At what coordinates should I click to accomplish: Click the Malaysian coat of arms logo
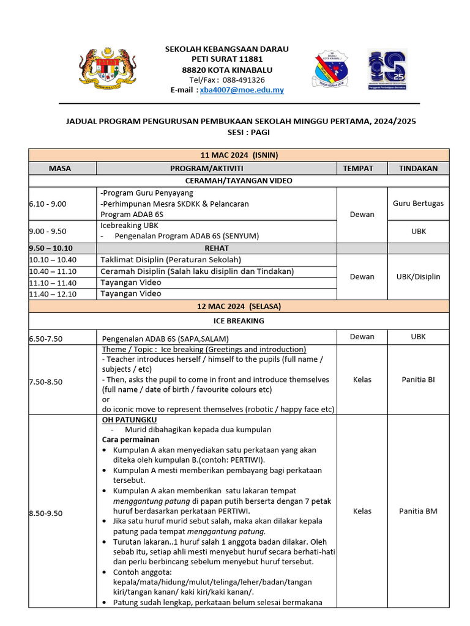108,68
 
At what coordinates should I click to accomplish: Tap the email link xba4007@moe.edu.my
242,90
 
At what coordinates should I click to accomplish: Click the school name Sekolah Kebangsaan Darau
226,49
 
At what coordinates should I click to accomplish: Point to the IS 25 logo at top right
387,69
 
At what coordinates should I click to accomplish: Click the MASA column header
60,168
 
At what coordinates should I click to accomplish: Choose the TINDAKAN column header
418,168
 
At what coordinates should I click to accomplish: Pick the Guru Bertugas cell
418,203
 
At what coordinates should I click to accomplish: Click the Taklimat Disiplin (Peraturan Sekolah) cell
171,260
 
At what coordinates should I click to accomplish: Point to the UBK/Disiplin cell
418,276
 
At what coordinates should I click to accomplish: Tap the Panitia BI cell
418,380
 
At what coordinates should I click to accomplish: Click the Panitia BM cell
418,511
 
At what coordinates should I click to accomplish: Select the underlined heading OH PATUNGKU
129,420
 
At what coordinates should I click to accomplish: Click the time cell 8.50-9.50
46,514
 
